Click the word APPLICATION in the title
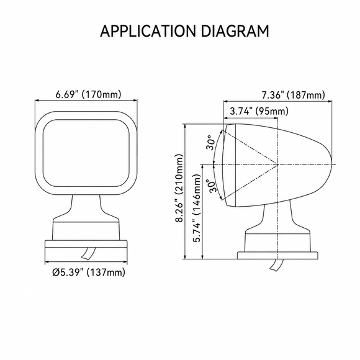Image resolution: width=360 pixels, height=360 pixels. click(148, 31)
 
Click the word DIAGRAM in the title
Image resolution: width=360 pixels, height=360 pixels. click(235, 31)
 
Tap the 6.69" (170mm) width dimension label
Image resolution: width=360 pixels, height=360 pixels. click(88, 94)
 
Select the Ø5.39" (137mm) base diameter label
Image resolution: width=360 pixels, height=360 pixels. click(89, 272)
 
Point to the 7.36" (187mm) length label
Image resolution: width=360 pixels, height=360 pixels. click(294, 95)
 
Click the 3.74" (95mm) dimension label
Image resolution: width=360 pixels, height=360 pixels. click(259, 111)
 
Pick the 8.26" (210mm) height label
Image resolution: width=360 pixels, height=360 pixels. click(179, 188)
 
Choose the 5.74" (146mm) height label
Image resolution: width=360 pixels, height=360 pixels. click(197, 209)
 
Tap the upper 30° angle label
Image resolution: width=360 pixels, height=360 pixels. click(211, 143)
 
